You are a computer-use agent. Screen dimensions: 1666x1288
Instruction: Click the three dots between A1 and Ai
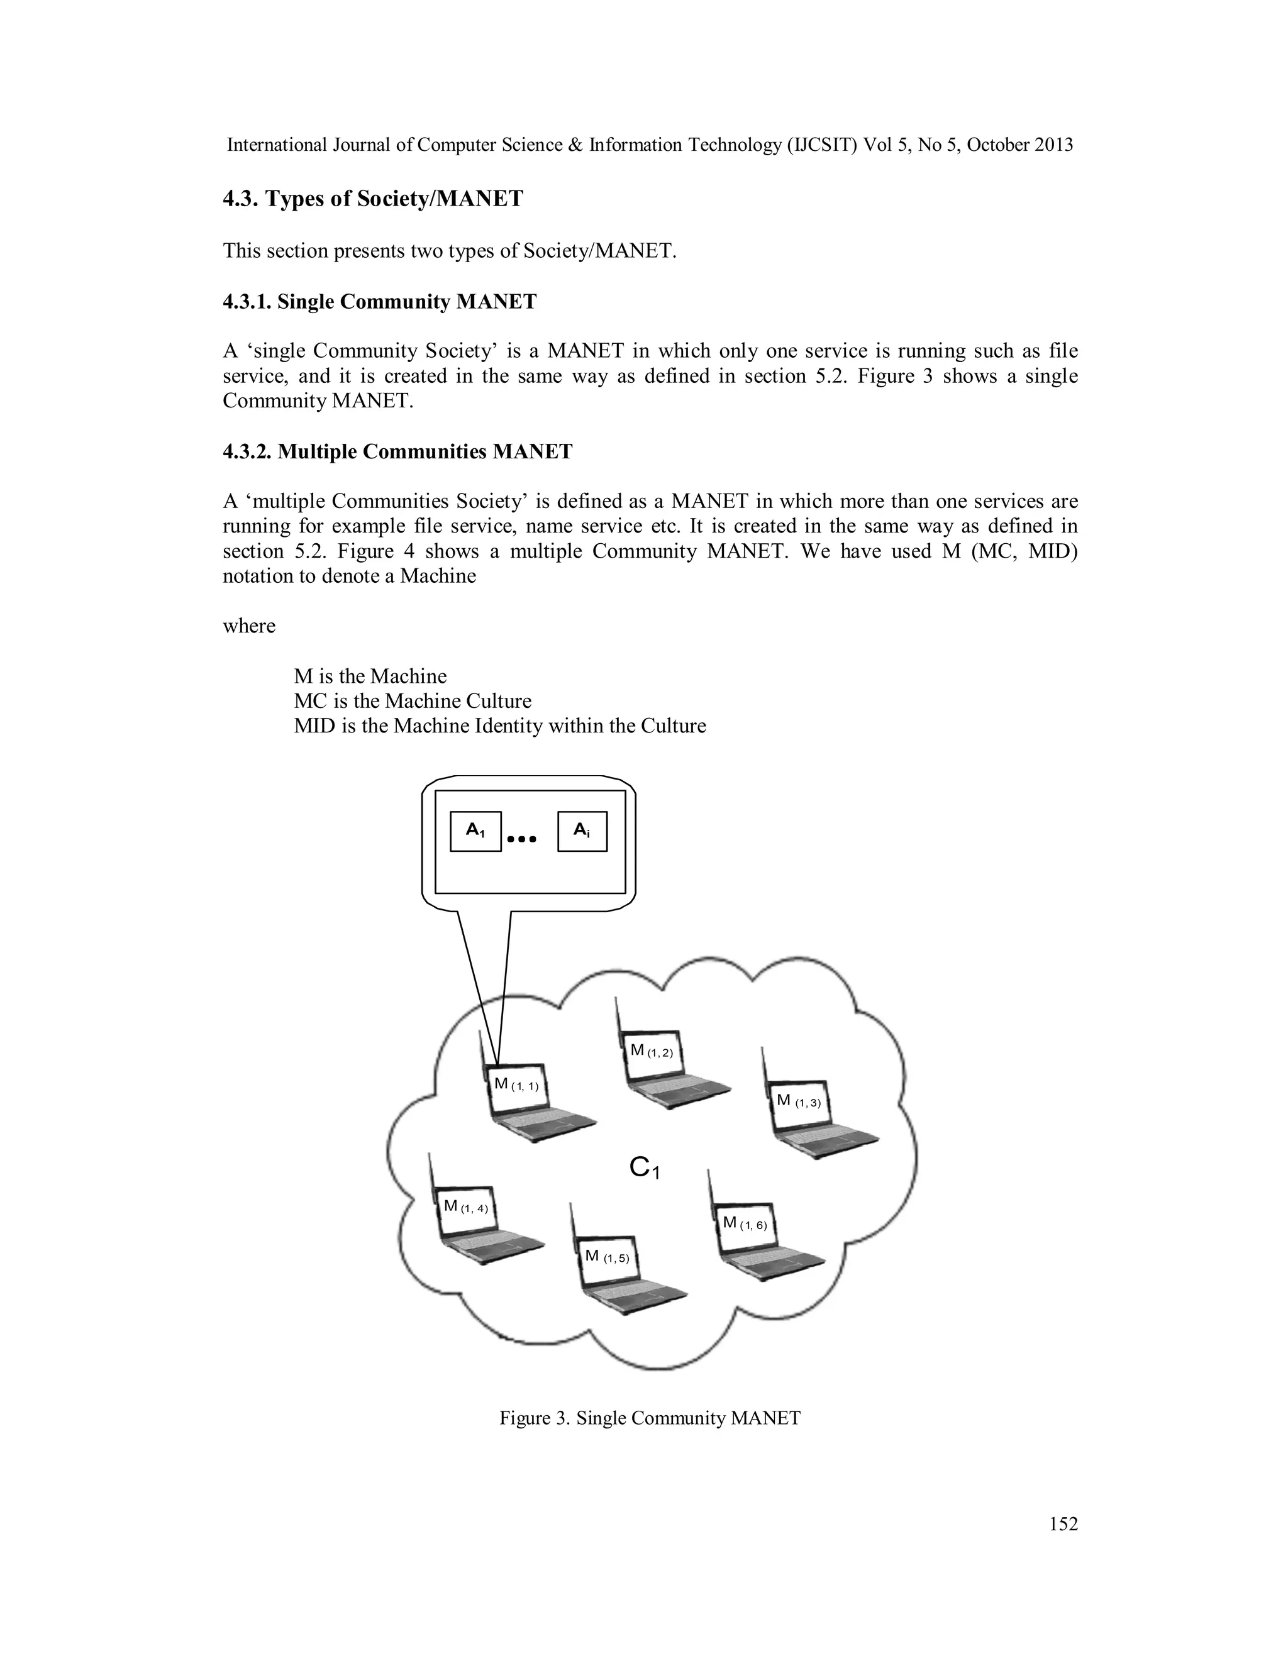[522, 839]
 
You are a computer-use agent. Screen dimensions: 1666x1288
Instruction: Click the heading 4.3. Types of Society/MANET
[373, 199]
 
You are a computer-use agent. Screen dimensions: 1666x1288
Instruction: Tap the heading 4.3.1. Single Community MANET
[379, 302]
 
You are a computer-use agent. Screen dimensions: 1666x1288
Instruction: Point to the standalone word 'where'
[249, 626]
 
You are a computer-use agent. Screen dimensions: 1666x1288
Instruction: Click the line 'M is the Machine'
[370, 676]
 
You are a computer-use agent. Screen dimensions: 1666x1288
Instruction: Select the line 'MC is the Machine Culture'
[412, 701]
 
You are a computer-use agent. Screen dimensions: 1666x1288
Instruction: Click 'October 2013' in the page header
[1019, 145]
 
